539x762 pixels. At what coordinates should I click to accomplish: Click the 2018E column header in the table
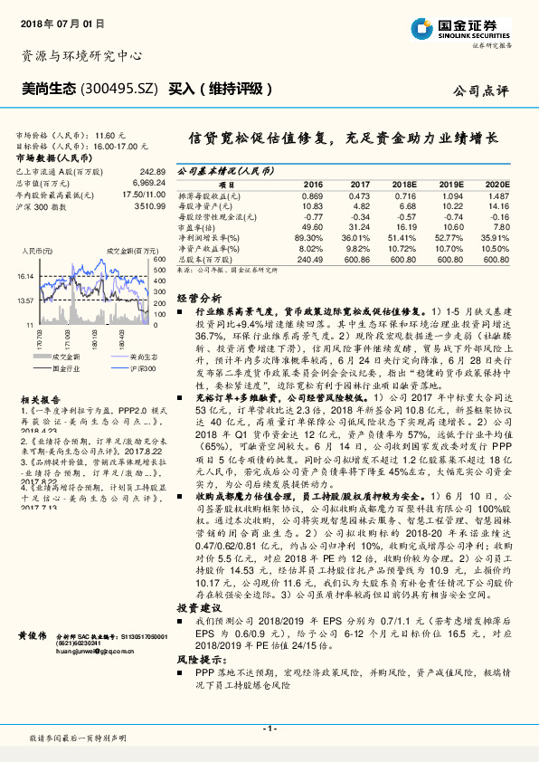pos(404,184)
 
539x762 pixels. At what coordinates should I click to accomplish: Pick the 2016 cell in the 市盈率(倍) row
pos(309,227)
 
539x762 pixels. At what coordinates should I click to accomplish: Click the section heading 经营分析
pos(198,297)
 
